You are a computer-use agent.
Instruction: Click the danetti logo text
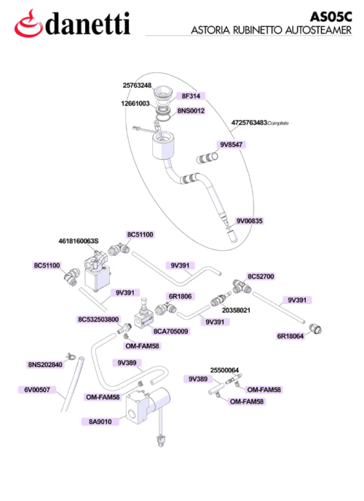87,24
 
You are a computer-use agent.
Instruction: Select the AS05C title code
331,16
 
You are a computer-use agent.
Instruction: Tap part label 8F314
191,96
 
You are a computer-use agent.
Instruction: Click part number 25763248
137,85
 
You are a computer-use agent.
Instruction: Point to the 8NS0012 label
191,111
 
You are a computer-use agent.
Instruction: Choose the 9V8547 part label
231,145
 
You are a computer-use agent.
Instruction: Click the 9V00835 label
249,221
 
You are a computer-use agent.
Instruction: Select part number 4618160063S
79,241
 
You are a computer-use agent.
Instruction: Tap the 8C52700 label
261,276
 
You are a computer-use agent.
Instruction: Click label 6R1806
180,296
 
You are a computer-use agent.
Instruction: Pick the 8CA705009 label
171,332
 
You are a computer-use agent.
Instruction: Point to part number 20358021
236,310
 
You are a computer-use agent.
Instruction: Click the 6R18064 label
290,336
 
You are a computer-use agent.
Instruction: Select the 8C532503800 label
98,319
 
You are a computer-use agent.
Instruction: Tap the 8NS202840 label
45,364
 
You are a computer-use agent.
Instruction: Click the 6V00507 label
37,390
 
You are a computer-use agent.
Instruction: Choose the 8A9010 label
100,422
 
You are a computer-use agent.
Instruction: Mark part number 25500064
224,370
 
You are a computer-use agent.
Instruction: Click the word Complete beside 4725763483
278,124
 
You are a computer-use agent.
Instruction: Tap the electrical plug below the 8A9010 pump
159,441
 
